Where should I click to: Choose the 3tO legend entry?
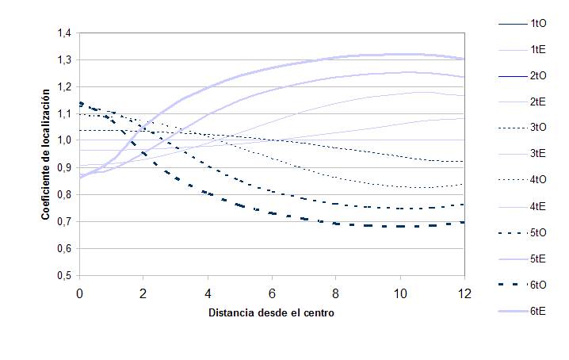[537, 127]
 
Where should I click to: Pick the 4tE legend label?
[537, 207]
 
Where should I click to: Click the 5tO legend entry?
[537, 232]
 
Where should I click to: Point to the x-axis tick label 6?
[272, 293]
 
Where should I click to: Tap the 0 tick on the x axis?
[79, 293]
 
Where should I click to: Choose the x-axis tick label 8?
[336, 293]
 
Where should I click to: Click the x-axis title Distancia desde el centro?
[271, 312]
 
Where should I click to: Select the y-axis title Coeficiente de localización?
[48, 154]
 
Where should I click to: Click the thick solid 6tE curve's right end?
[464, 59]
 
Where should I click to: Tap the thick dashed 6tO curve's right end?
[464, 222]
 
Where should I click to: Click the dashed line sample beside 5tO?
[508, 232]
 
